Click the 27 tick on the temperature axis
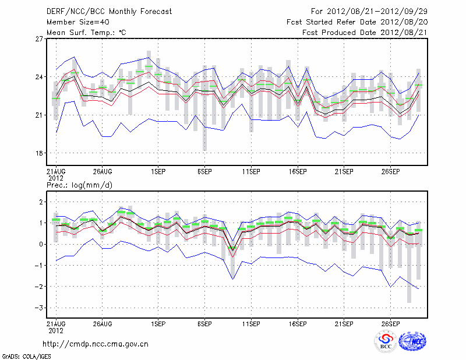tap(39, 39)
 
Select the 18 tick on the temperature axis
tap(39, 153)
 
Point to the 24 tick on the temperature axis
tap(39, 77)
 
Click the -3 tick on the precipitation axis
tap(39, 308)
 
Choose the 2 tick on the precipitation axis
tap(41, 202)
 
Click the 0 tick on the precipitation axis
tap(41, 245)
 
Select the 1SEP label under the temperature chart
tap(157, 172)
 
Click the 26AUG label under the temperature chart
tap(102, 172)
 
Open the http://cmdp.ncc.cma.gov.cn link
tap(96, 344)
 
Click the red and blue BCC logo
tap(386, 341)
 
